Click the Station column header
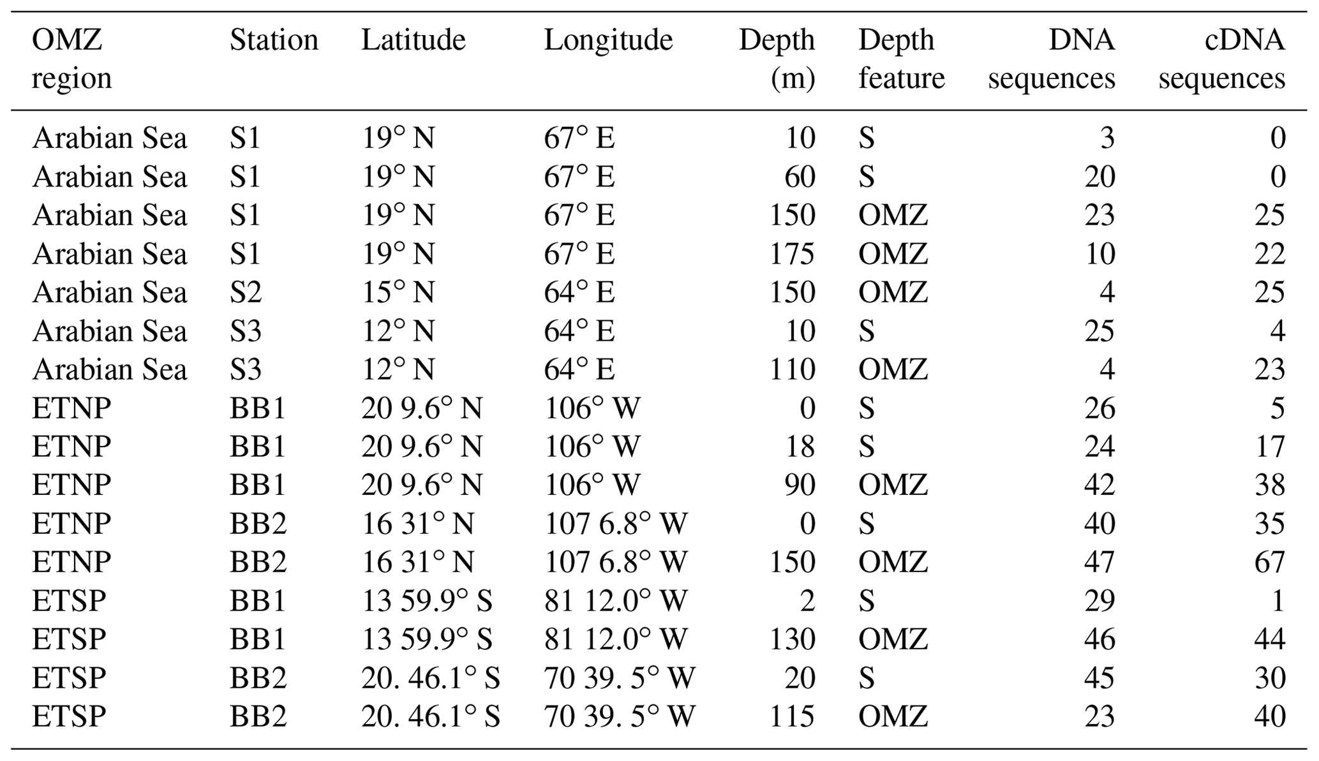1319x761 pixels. click(273, 40)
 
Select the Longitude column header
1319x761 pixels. click(607, 40)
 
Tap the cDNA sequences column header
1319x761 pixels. click(1221, 59)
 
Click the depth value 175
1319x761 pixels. click(792, 254)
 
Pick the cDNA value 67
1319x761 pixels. click(1269, 562)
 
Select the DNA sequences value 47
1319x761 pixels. click(1099, 562)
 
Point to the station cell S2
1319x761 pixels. click(246, 292)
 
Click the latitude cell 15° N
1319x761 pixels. click(398, 292)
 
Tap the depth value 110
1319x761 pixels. click(792, 369)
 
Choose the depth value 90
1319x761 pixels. click(800, 485)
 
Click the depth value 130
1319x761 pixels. click(792, 639)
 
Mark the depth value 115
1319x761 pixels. click(792, 716)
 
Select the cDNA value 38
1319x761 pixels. click(1269, 485)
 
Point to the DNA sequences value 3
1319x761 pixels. click(1107, 138)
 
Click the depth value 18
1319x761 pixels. click(800, 447)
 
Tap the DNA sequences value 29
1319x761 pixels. click(1099, 600)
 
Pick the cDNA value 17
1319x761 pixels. click(1269, 447)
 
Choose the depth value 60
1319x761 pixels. click(800, 177)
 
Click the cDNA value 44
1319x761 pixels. click(1269, 639)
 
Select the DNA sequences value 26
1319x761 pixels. click(1099, 408)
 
